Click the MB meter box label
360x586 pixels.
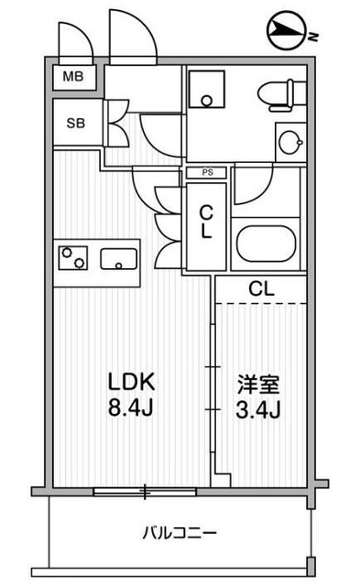click(x=73, y=77)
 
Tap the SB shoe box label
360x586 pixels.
click(x=76, y=123)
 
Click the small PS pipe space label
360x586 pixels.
click(x=207, y=172)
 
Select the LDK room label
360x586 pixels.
click(x=131, y=382)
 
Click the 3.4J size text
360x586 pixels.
click(x=258, y=409)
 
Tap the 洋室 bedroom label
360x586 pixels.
click(x=258, y=385)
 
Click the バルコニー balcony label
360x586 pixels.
click(x=180, y=533)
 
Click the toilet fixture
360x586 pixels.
click(x=281, y=95)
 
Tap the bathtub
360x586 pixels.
click(x=267, y=244)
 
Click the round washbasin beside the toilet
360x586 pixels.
click(x=291, y=142)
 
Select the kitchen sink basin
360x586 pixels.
click(x=118, y=258)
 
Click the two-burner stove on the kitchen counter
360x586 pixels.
click(x=73, y=258)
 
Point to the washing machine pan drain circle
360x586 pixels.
click(x=207, y=101)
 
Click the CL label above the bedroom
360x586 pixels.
click(x=262, y=289)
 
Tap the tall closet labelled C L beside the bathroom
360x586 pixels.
click(x=206, y=226)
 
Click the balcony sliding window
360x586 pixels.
click(x=145, y=492)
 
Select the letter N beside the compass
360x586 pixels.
click(x=313, y=37)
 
